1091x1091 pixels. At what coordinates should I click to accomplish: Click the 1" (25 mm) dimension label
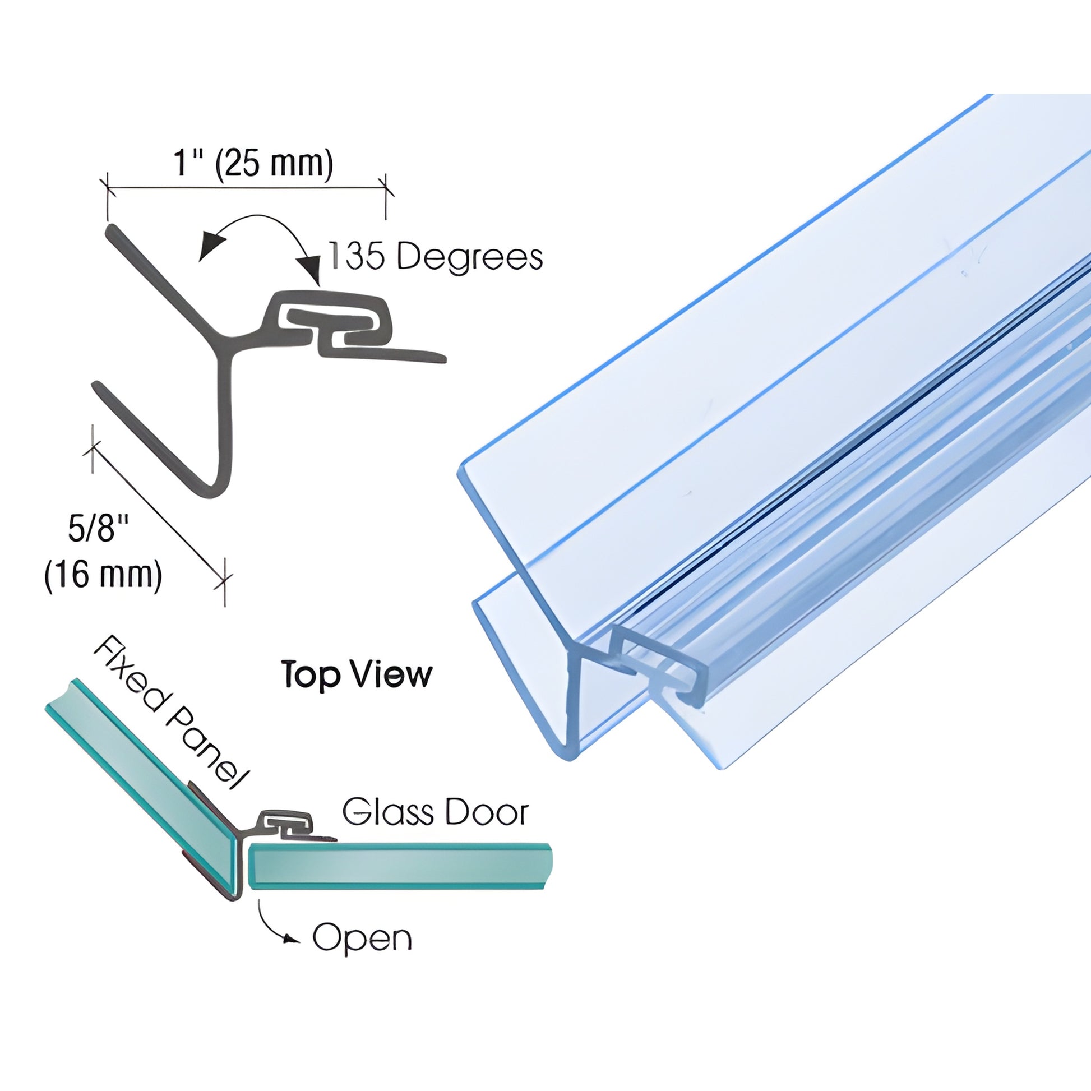tap(253, 164)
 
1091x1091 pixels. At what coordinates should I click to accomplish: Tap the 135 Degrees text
tap(436, 257)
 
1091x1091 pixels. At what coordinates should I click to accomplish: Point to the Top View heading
tap(357, 674)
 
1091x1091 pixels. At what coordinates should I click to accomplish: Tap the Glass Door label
tap(436, 812)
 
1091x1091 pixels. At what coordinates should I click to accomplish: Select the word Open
tap(362, 938)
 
